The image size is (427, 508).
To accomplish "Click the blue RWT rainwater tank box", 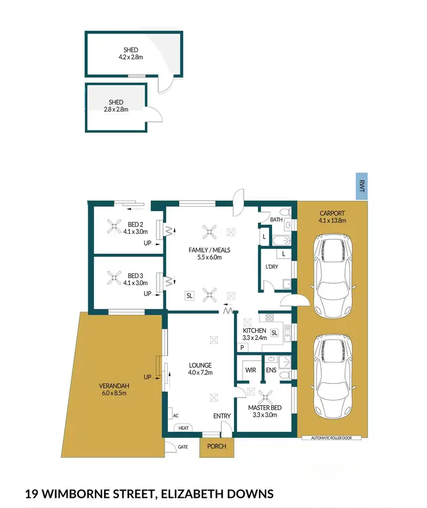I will (x=360, y=186).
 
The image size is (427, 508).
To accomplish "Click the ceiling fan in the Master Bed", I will (x=265, y=397).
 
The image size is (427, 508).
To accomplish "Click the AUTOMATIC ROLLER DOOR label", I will (x=334, y=438).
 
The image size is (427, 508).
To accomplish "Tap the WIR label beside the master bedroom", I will (x=251, y=370).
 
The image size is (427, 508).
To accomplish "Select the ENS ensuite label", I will (x=271, y=370).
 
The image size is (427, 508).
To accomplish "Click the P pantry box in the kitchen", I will (x=242, y=347).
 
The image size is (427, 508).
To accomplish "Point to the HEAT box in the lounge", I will (x=183, y=428).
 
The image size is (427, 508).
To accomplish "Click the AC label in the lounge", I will (x=175, y=416).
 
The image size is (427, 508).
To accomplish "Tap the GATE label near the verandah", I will (x=183, y=447).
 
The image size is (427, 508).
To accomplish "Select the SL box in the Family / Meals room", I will (x=188, y=295).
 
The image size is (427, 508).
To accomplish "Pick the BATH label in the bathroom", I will (x=276, y=219).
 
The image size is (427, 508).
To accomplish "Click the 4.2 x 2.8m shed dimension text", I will (x=130, y=58).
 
